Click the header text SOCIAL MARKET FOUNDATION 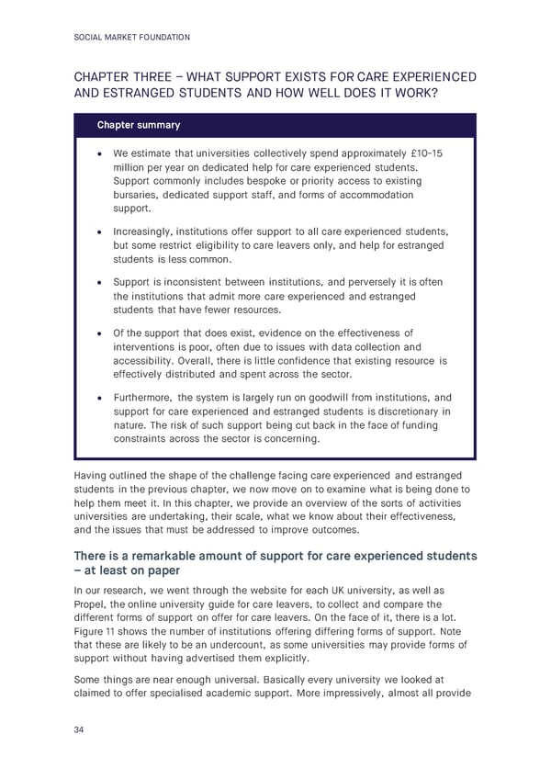click(132, 38)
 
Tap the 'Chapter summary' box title click(139, 125)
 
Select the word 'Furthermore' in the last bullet click(147, 398)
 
